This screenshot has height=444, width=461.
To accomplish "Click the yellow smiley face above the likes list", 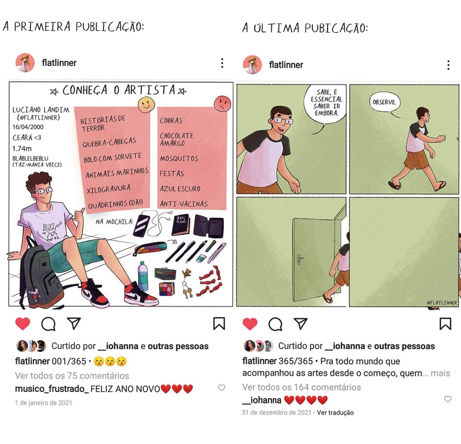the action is pos(147,105).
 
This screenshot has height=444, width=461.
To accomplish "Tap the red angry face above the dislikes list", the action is pos(223,103).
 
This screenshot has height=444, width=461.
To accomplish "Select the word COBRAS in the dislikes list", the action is pos(171,120).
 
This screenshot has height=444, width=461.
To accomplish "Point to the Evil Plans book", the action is pos(181,225).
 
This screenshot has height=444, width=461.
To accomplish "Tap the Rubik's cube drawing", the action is pos(167,289).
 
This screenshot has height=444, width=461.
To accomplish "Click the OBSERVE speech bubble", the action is pos(385,103).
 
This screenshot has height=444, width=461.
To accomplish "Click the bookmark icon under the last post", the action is pos(445,323).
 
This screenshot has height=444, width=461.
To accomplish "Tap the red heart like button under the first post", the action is pos(23,324).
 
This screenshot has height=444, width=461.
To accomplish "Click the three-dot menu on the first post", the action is pos(222,63).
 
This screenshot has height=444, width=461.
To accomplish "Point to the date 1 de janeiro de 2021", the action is pos(44,403).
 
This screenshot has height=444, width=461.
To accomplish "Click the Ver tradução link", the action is pos(335,413).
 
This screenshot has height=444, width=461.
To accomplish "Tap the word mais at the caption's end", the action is pos(440,373).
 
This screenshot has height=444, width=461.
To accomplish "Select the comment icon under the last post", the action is pos(276,324).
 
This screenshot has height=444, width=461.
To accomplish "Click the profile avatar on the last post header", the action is pos(252,64).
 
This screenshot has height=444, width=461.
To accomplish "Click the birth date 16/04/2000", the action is pos(28,127).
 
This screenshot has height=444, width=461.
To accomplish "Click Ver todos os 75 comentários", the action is pos(72,376).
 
